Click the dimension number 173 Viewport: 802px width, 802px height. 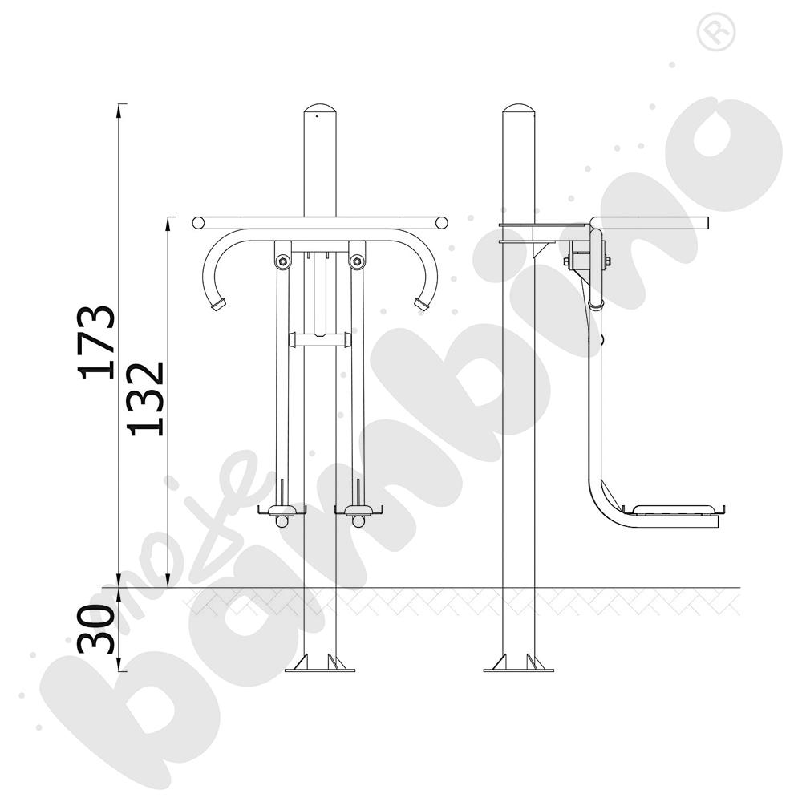(96, 342)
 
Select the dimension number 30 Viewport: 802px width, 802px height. (96, 629)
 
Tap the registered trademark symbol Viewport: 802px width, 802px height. (716, 32)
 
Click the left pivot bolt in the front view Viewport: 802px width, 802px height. (282, 262)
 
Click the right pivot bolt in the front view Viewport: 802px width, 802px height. (357, 262)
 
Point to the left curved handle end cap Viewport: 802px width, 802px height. (219, 303)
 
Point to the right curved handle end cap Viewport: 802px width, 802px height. (421, 303)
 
